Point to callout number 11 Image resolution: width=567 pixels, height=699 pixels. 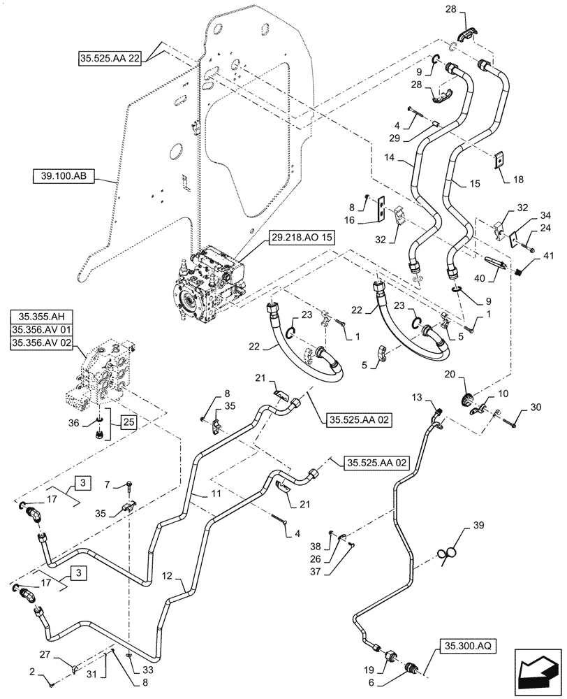tap(207, 494)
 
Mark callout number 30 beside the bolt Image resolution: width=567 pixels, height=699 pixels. tap(536, 408)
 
